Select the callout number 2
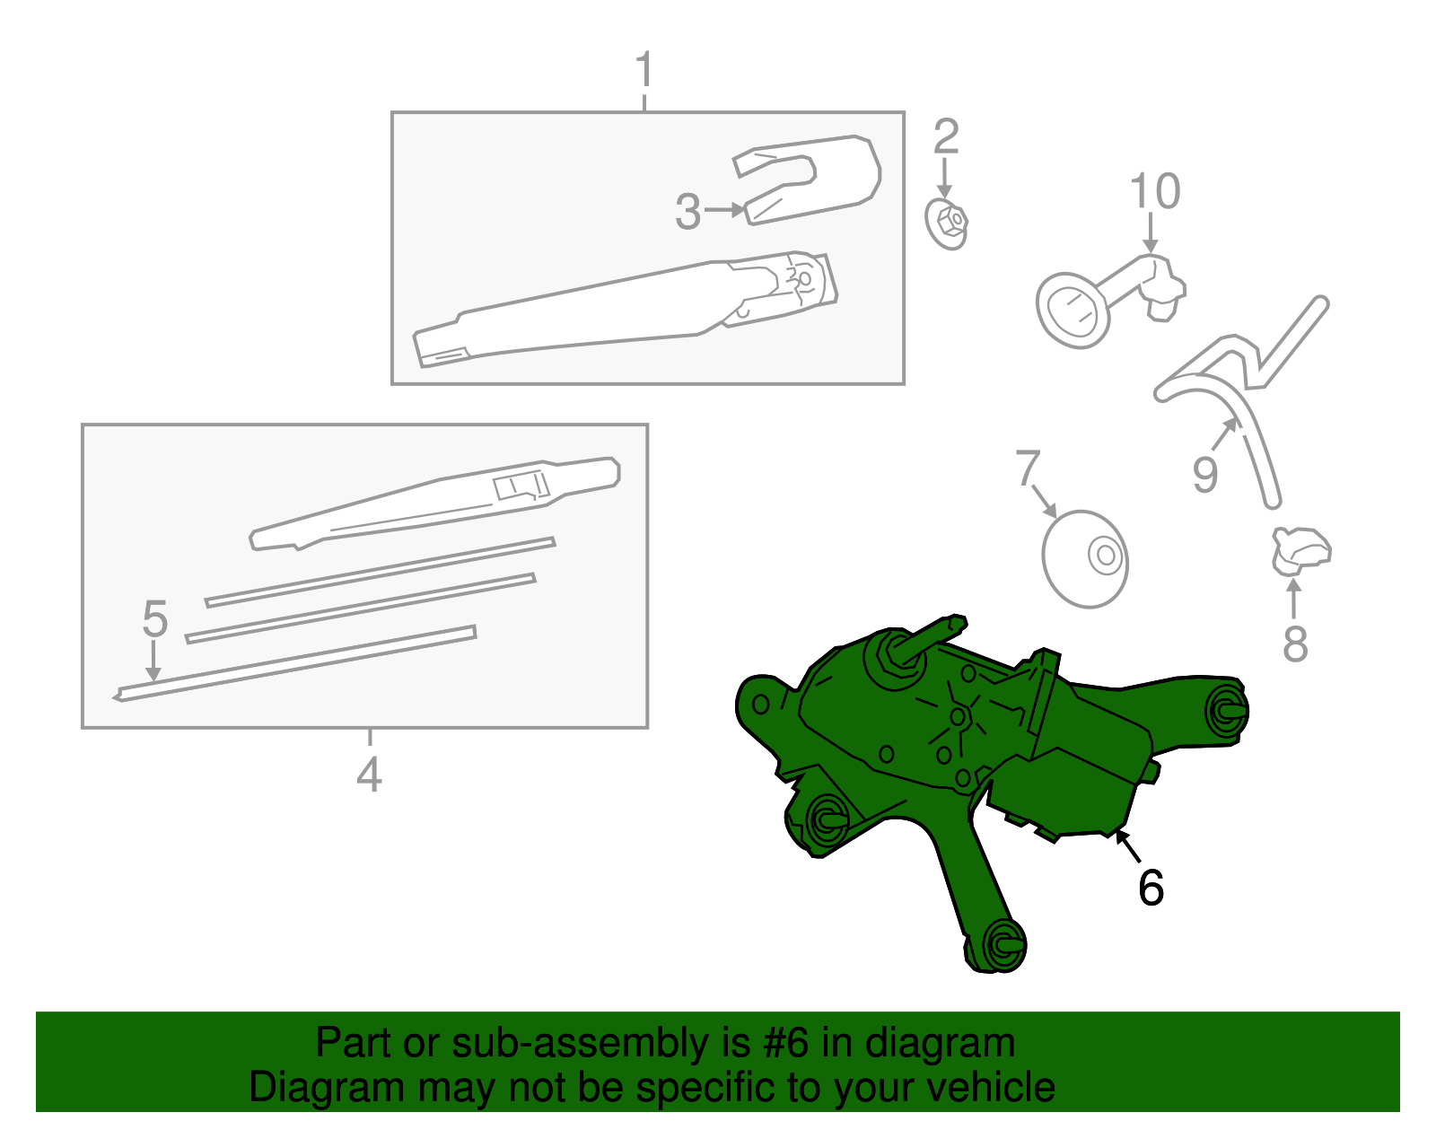[x=946, y=136]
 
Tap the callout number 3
[x=687, y=212]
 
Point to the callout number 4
[x=369, y=775]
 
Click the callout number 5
[x=155, y=619]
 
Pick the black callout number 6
[x=1151, y=888]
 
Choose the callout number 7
[x=1028, y=468]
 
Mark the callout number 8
[x=1295, y=644]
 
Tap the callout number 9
[x=1204, y=474]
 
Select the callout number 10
[x=1155, y=190]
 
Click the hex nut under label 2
[x=946, y=223]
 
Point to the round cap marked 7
[x=1084, y=559]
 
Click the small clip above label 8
[x=1300, y=550]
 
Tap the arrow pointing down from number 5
[x=153, y=661]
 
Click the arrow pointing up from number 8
[x=1294, y=598]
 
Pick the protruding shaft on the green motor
[x=929, y=635]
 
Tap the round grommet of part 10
[x=1072, y=311]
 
